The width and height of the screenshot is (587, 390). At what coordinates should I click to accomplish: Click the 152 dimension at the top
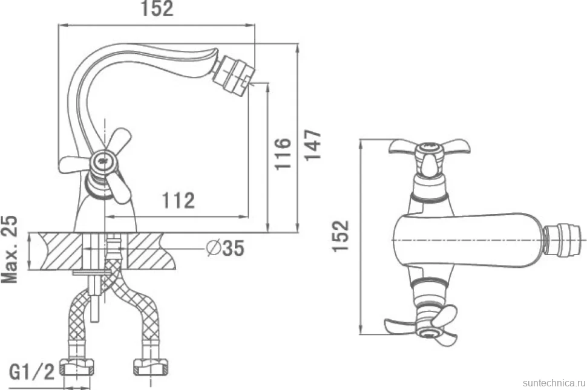(x=157, y=8)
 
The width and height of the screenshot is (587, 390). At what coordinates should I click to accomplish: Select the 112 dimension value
(x=178, y=200)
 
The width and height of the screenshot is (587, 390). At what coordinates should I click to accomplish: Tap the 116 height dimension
(x=283, y=154)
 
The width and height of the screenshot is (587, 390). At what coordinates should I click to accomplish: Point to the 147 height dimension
(x=313, y=145)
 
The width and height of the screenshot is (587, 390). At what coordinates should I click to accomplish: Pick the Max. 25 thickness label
(x=10, y=249)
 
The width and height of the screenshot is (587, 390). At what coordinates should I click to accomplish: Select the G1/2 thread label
(x=32, y=372)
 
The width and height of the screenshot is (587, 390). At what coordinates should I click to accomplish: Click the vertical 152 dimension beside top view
(x=341, y=236)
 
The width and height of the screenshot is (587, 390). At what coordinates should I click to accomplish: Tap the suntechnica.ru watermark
(x=554, y=383)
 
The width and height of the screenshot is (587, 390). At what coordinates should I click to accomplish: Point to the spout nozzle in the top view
(x=563, y=240)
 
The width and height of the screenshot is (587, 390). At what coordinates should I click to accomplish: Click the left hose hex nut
(x=78, y=367)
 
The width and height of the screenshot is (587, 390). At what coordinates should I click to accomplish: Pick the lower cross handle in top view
(x=422, y=322)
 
